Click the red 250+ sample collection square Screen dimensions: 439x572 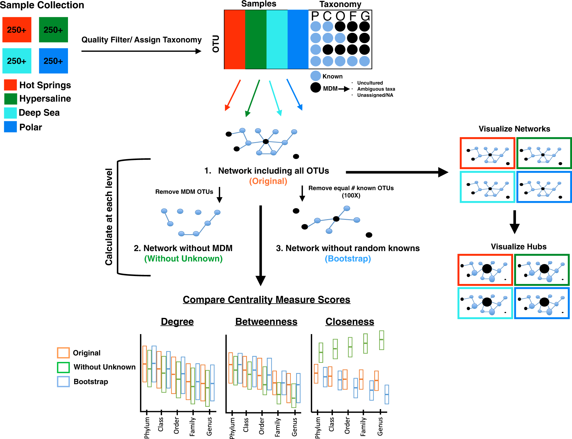(17, 30)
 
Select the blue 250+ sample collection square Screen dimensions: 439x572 (53, 61)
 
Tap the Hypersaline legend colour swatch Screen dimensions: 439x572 (11, 99)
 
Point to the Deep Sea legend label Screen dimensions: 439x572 (39, 113)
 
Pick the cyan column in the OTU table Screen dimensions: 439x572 (277, 40)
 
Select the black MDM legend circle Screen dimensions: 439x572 (316, 88)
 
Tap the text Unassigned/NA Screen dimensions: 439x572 (375, 95)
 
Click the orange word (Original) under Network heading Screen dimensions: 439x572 (268, 181)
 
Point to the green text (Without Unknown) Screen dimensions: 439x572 (183, 259)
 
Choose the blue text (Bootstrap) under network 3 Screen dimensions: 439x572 (348, 259)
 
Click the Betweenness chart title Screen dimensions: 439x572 (266, 322)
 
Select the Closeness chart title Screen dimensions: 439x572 (350, 322)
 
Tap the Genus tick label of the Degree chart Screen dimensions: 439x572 (209, 426)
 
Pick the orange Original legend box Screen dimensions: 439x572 (63, 353)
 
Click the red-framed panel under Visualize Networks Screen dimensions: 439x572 (487, 153)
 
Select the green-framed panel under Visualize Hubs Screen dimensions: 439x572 (542, 270)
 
